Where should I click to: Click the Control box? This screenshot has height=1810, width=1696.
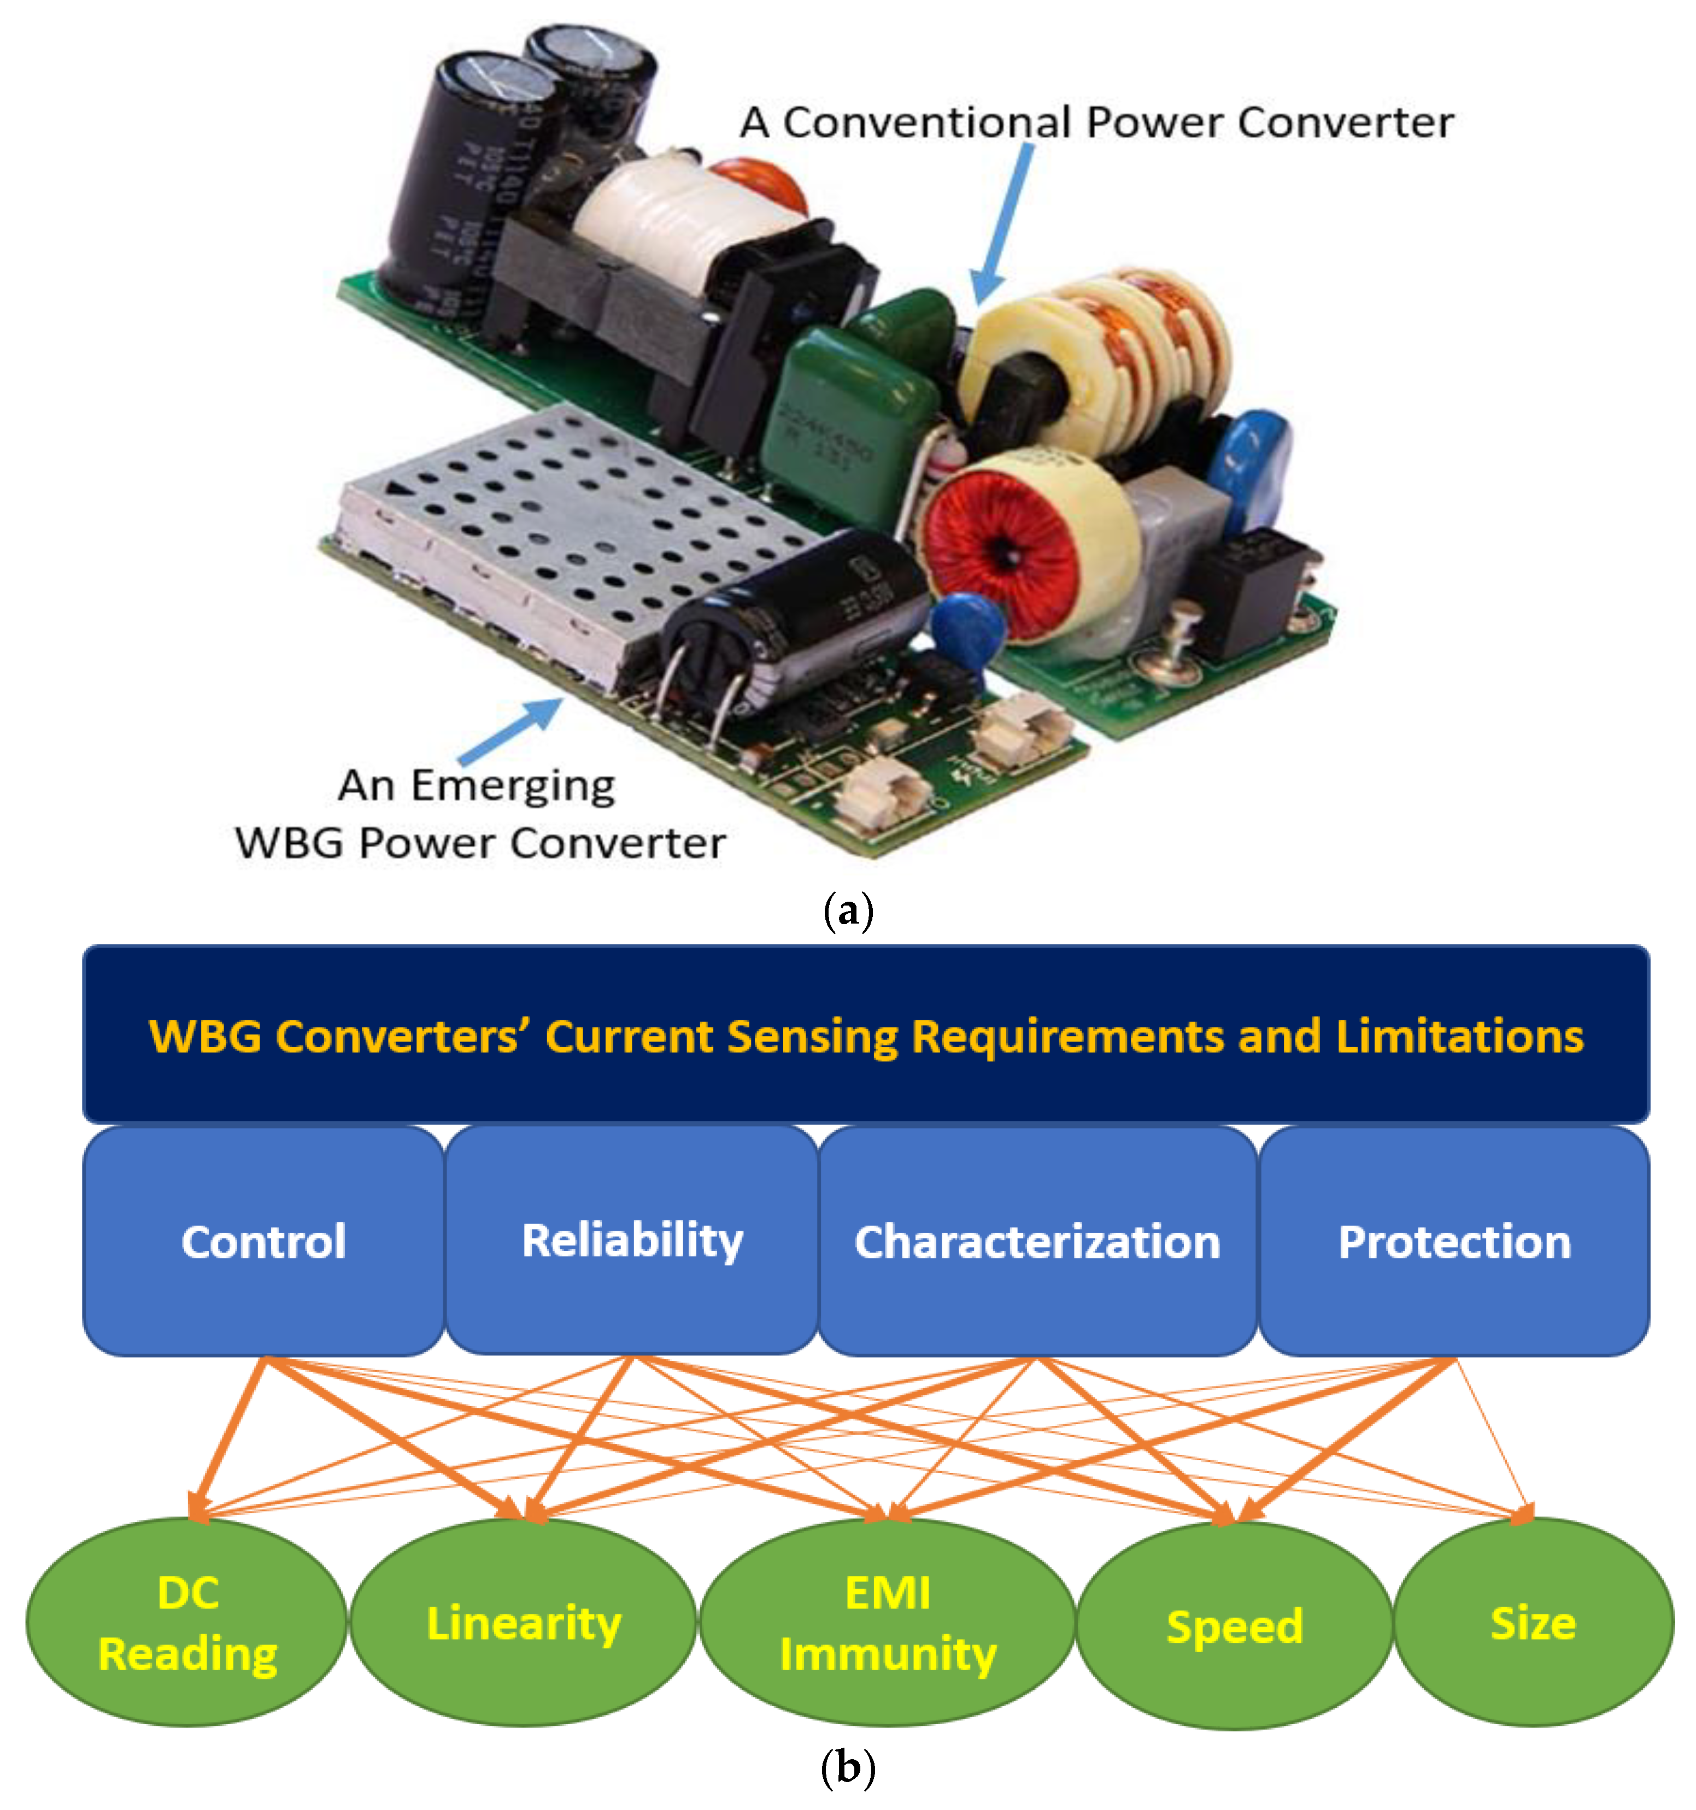pos(263,1241)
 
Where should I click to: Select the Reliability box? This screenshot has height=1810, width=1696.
pos(632,1241)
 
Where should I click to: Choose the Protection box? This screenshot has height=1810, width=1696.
pos(1454,1241)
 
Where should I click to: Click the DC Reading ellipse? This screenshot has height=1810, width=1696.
pos(186,1623)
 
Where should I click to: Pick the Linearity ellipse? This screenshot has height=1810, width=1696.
pos(524,1623)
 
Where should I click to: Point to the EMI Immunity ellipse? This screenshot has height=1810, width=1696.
pos(888,1623)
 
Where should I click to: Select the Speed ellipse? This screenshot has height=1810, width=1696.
pos(1235,1626)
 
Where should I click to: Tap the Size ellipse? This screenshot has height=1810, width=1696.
pos(1533,1623)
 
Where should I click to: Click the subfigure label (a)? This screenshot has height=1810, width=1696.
pos(848,910)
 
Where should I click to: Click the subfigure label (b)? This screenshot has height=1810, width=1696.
pos(848,1767)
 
